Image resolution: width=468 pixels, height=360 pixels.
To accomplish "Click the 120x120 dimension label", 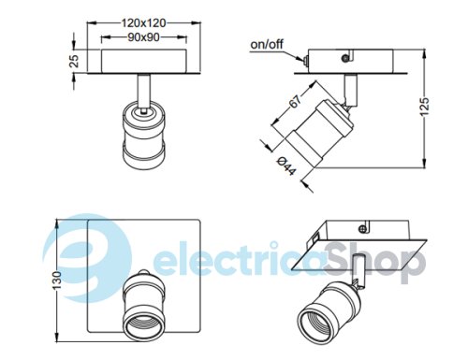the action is click(143, 22).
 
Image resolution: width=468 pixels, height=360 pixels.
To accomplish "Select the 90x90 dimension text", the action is click(143, 37).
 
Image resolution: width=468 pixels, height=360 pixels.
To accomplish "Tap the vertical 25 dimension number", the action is click(74, 61).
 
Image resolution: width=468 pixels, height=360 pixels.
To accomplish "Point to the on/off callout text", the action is click(267, 44).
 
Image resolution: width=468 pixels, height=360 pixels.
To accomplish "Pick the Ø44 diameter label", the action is click(286, 166).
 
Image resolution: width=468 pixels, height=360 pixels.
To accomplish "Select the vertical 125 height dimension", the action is click(424, 107).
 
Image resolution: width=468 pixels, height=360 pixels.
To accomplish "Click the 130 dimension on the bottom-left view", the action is click(57, 281).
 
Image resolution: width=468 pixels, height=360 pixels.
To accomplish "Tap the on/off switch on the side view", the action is click(305, 60).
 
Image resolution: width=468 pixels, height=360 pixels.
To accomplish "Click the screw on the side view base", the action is click(344, 58).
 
